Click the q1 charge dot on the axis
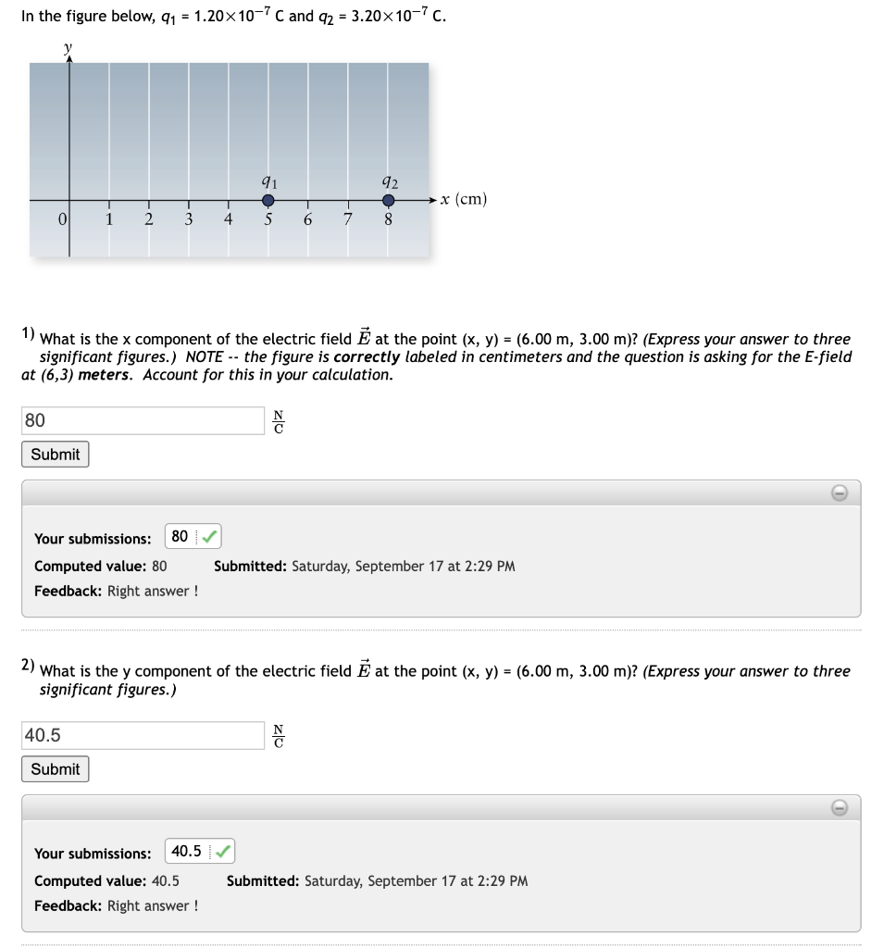268,200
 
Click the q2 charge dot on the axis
390,200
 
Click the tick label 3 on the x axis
188,219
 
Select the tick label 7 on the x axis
348,219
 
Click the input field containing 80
143,420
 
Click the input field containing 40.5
143,735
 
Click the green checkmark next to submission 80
210,536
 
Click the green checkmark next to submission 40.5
223,851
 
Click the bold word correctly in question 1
367,356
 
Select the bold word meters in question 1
106,375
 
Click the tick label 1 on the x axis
109,219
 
